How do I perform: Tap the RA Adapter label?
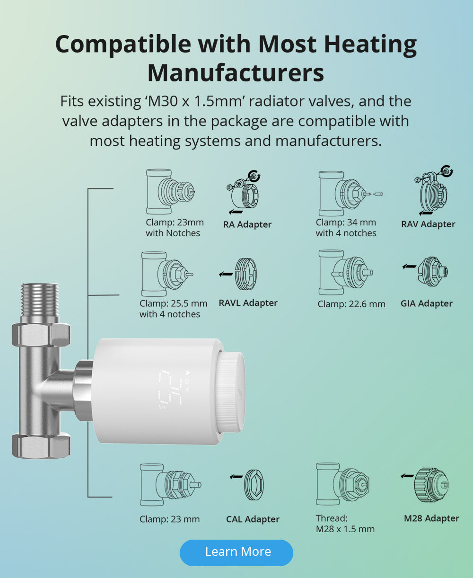(x=247, y=224)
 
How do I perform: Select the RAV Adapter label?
(x=428, y=224)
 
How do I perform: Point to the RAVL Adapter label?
(x=248, y=303)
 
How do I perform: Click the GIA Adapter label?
(x=427, y=303)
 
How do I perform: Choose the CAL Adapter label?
(x=253, y=519)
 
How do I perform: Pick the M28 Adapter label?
(x=431, y=518)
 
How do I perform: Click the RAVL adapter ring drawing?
(x=246, y=274)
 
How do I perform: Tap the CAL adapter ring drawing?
(x=254, y=485)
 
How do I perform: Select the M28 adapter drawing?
(x=431, y=485)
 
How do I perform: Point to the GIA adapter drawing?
(x=433, y=272)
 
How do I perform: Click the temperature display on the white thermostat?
(x=171, y=389)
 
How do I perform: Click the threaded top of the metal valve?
(x=40, y=300)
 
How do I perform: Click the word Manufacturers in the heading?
(x=236, y=72)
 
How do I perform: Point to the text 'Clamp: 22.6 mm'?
(x=351, y=304)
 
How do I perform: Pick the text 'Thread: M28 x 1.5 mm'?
(x=345, y=524)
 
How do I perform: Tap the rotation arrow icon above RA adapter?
(x=254, y=176)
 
